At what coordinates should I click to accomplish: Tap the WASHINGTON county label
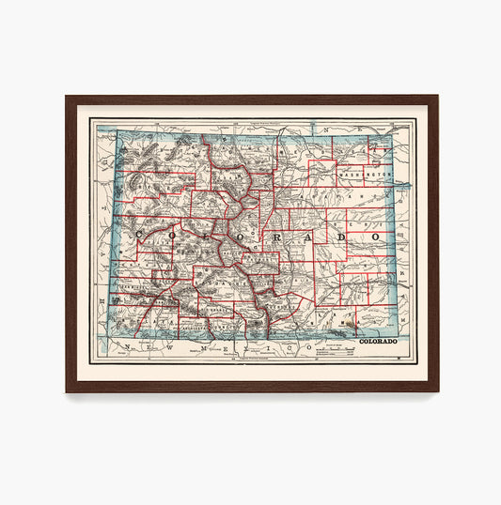[366, 176]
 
